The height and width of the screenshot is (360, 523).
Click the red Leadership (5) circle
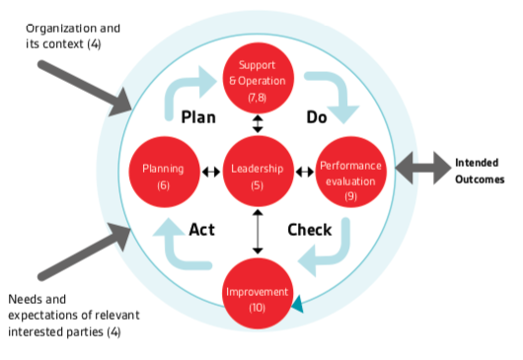257,170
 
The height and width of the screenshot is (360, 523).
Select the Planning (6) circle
164,170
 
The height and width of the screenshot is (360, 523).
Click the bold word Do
316,116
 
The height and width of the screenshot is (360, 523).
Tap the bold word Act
201,230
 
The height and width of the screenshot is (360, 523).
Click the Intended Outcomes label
479,171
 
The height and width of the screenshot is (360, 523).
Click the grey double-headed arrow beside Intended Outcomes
420,170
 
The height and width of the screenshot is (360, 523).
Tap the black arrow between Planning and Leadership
211,171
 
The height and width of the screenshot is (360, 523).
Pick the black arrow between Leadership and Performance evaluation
304,171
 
